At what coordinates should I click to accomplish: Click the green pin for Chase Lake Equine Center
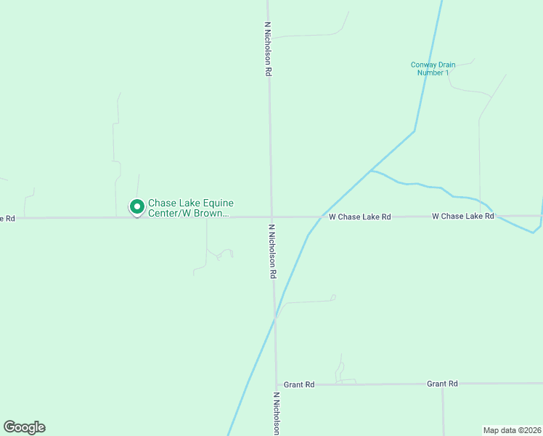(x=136, y=207)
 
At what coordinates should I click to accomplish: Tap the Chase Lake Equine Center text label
(x=190, y=209)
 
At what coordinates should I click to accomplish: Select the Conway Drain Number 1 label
(x=433, y=68)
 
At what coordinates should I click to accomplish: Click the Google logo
(x=24, y=427)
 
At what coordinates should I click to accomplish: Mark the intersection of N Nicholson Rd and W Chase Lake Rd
(x=271, y=217)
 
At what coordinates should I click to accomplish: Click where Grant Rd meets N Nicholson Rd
(x=277, y=384)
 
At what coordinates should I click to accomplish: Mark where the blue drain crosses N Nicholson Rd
(x=275, y=317)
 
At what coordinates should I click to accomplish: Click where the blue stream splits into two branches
(x=371, y=171)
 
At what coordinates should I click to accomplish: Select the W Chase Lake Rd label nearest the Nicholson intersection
(x=359, y=217)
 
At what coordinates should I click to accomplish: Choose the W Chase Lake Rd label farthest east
(x=463, y=216)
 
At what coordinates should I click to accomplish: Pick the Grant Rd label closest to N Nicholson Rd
(x=298, y=384)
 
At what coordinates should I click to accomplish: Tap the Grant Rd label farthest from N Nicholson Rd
(x=442, y=383)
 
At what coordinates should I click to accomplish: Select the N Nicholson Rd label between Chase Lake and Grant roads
(x=273, y=251)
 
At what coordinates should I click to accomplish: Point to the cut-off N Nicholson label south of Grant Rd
(x=277, y=414)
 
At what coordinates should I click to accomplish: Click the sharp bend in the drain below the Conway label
(x=415, y=131)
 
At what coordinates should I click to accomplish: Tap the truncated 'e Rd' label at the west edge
(x=7, y=217)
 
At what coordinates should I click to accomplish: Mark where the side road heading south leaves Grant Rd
(x=442, y=384)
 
